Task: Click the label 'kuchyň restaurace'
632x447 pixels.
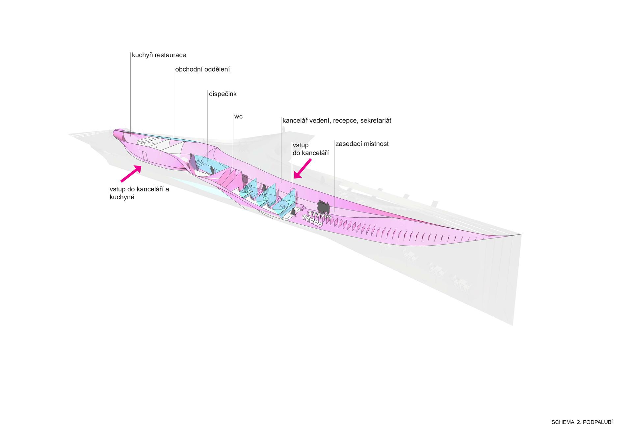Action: tap(159, 55)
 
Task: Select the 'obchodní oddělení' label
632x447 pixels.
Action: tap(202, 69)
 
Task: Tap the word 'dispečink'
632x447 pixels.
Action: tap(223, 94)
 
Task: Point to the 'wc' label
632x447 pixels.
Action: tap(238, 116)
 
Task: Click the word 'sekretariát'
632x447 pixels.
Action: tap(376, 121)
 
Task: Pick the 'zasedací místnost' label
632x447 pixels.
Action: tap(362, 144)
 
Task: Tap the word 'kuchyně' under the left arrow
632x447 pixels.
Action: tap(122, 198)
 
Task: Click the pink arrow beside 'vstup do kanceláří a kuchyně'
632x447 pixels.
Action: tap(131, 174)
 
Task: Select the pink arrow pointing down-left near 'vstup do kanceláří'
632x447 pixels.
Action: tap(303, 168)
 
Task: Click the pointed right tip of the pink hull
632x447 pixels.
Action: tap(522, 234)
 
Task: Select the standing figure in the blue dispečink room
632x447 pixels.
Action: tap(212, 171)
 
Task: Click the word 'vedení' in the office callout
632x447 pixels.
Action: tap(320, 121)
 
